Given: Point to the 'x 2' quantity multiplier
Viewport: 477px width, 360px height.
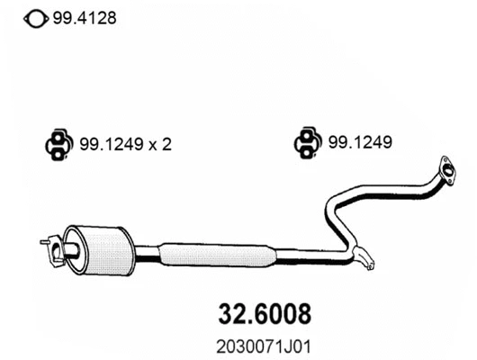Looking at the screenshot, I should click(159, 143).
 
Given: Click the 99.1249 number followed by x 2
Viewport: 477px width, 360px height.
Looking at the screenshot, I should click(113, 143).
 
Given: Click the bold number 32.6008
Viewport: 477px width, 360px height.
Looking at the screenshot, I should click(265, 314).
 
